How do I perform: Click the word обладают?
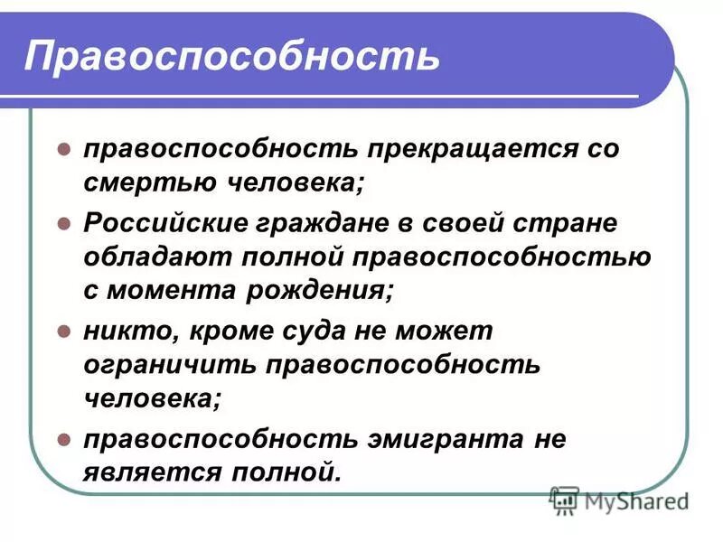click(x=153, y=257)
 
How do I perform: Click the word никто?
click(x=127, y=332)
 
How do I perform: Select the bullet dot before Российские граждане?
click(x=64, y=222)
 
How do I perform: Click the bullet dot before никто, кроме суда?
click(x=64, y=332)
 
